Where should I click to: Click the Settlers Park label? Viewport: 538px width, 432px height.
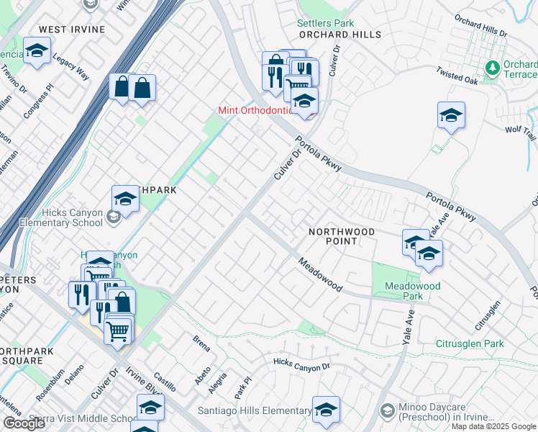326,23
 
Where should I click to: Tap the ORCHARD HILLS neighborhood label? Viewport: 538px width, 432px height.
329,34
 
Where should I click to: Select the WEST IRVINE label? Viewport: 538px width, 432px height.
72,30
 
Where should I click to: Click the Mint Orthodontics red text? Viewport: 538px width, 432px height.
256,111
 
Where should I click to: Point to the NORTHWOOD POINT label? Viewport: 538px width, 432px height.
342,236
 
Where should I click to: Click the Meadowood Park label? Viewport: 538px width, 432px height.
412,291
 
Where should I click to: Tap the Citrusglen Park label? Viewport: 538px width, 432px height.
470,344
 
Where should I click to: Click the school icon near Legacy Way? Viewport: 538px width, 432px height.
36,51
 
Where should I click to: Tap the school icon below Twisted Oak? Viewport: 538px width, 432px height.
451,115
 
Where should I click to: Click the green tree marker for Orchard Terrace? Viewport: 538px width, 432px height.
493,68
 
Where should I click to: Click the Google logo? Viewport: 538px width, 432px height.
24,423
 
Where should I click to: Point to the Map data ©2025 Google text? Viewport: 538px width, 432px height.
493,426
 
